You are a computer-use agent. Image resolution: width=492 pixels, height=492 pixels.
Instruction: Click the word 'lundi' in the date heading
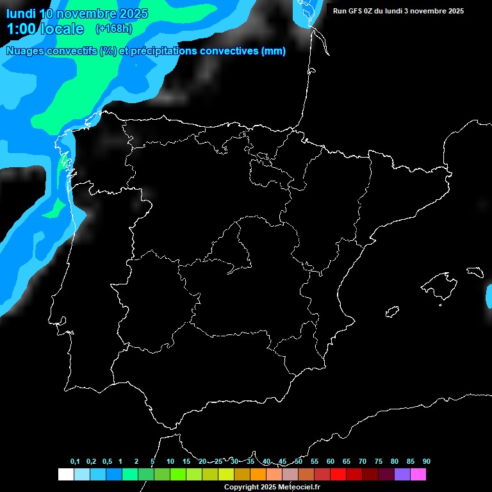[x=20, y=13]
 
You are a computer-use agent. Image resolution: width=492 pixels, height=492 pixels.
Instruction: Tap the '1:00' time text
[x=21, y=29]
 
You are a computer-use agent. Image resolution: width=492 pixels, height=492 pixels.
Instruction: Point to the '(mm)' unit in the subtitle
[x=274, y=51]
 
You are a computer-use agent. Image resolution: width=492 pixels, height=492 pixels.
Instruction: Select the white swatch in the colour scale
[x=65, y=475]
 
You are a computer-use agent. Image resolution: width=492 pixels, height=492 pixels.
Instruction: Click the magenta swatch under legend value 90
[x=418, y=475]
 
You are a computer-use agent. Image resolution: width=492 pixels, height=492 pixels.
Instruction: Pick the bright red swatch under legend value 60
[x=338, y=475]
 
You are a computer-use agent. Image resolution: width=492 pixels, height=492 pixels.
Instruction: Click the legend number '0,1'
[x=75, y=462]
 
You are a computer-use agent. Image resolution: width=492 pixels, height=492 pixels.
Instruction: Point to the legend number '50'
[x=299, y=462]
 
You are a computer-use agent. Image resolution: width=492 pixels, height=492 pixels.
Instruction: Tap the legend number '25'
[x=218, y=462]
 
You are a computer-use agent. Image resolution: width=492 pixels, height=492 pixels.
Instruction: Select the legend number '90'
[x=427, y=462]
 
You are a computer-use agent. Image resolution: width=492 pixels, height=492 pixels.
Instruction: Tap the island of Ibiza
[x=393, y=311]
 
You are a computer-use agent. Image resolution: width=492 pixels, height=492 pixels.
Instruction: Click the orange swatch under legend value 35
[x=258, y=475]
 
